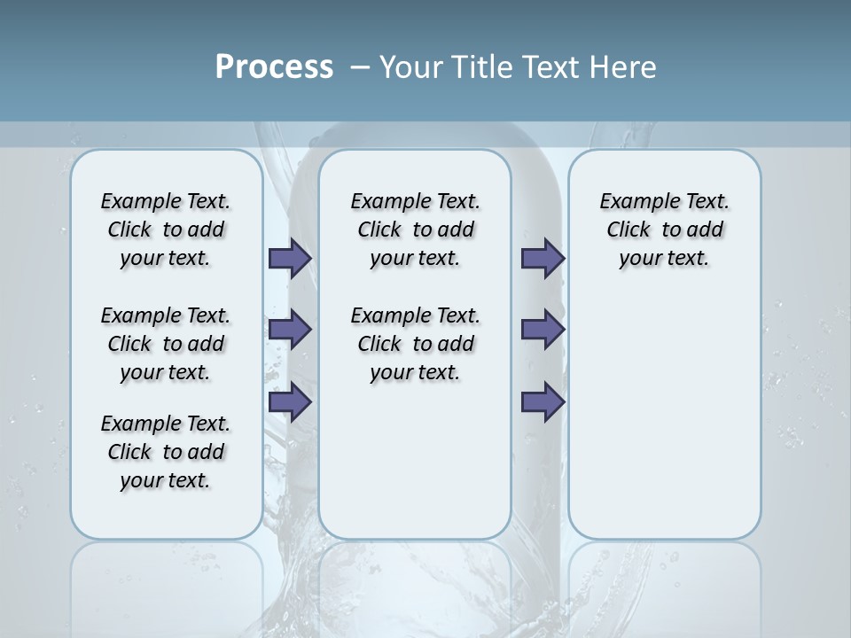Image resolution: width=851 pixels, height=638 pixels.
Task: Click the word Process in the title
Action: tap(274, 67)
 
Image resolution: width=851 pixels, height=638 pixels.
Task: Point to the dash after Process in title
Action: tap(360, 67)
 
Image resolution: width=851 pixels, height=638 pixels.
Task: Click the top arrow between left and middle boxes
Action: tap(289, 258)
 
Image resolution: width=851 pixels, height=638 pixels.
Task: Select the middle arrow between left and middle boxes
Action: tap(289, 330)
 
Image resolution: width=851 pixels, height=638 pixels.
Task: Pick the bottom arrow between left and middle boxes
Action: tap(289, 402)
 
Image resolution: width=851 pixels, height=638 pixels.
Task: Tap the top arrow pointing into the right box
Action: tap(543, 258)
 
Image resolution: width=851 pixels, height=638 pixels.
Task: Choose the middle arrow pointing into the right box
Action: tap(543, 330)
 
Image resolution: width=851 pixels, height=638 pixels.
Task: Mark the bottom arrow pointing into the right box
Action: tap(543, 402)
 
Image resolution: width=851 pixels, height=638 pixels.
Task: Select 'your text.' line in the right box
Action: tap(664, 259)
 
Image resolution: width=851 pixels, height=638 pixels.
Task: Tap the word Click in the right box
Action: tap(628, 230)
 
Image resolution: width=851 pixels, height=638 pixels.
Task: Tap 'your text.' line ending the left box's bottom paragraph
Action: tap(165, 481)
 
